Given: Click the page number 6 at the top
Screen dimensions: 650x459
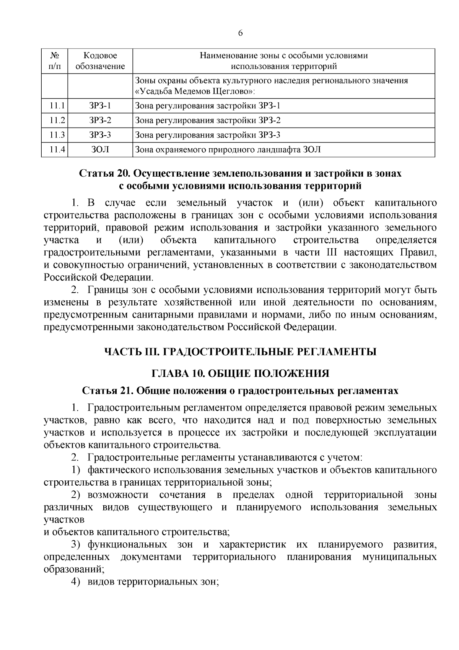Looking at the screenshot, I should [240, 33].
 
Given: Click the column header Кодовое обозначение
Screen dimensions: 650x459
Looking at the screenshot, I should [100, 61].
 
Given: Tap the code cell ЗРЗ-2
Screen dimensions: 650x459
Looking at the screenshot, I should [100, 120].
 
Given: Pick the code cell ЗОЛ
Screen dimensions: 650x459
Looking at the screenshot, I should [100, 150].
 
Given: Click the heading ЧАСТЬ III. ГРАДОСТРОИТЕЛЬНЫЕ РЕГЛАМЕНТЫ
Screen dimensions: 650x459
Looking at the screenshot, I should [240, 351].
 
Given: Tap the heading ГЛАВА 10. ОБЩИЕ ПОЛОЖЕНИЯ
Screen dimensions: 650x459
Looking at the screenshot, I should [240, 373].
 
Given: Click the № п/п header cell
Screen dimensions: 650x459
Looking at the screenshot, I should [54, 61].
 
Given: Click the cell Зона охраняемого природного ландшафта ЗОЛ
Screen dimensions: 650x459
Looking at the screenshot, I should [228, 150].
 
